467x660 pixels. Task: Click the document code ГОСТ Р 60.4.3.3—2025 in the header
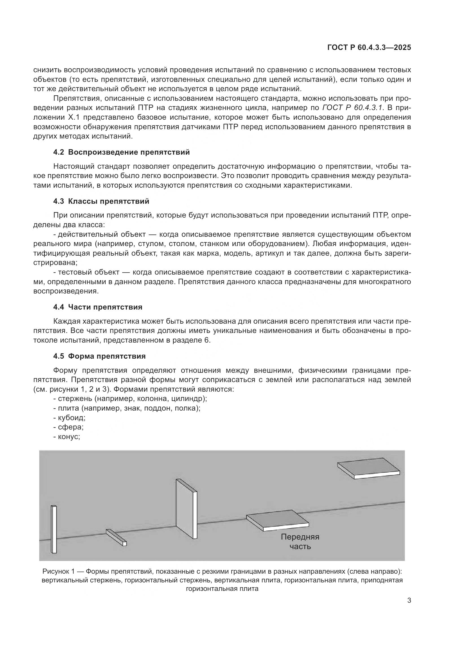[x=369, y=48]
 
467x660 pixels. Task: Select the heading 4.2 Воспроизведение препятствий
[x=121, y=152]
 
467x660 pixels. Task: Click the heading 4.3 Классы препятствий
[x=101, y=201]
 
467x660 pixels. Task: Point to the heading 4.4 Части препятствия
[x=98, y=307]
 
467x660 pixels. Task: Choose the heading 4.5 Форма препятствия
[x=99, y=356]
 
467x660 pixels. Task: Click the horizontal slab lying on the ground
[x=277, y=521]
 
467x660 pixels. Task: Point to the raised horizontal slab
[x=368, y=468]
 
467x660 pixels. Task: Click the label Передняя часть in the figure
[x=300, y=541]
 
